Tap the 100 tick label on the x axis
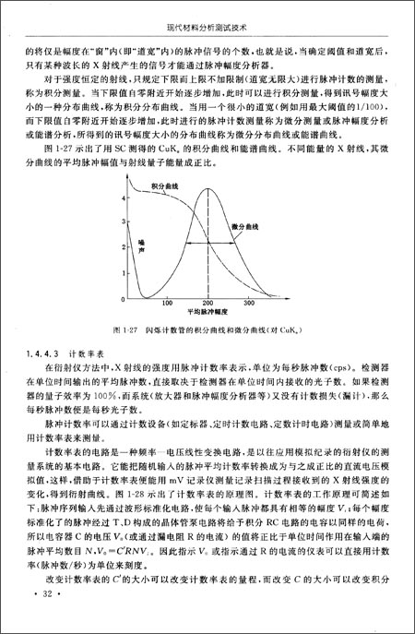pyautogui.click(x=167, y=302)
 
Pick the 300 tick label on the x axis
pyautogui.click(x=249, y=302)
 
